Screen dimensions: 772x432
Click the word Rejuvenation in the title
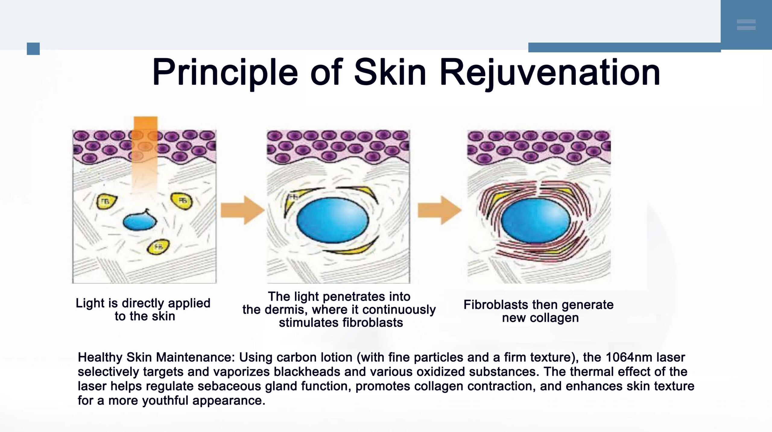[550, 73]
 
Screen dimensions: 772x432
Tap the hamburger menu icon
[746, 25]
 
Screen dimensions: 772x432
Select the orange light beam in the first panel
[145, 157]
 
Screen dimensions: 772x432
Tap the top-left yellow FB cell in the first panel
[107, 202]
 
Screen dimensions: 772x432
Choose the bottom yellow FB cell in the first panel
[158, 247]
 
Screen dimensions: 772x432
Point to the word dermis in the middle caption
[283, 310]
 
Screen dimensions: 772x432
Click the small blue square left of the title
[33, 49]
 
